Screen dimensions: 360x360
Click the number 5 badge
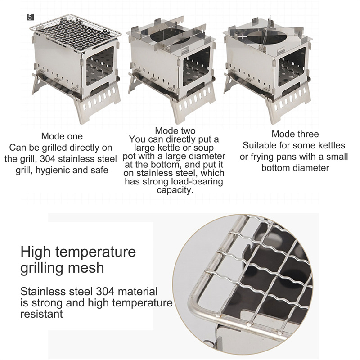30,17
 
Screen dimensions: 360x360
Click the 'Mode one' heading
62,136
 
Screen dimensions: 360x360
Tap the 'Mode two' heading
175,131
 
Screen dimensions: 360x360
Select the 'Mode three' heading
295,134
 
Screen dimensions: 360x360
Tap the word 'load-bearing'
197,182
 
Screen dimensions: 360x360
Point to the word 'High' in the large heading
35,252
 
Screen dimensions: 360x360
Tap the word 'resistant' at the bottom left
41,314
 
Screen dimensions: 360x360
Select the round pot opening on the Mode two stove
167,36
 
